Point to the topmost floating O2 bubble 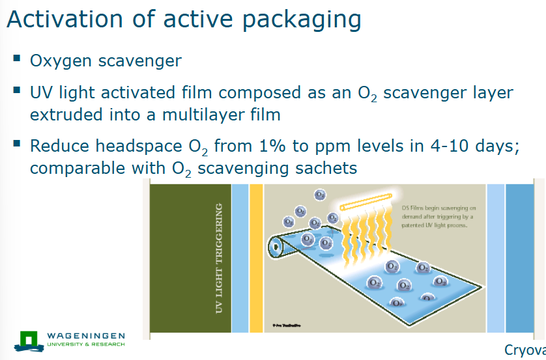[320, 195]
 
